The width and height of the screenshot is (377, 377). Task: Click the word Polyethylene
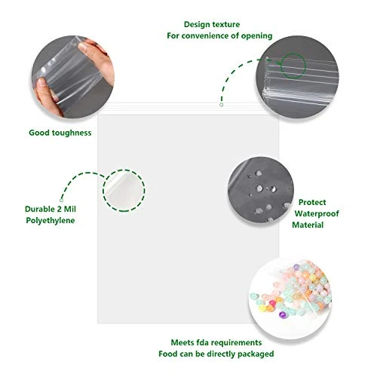coord(51,220)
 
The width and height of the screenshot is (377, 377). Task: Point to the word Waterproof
coord(317,213)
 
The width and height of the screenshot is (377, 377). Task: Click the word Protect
coord(312,202)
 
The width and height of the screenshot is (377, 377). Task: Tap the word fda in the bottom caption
coord(201,342)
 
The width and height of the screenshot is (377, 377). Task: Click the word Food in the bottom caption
coord(167,354)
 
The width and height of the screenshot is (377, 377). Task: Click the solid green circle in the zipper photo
coord(293,66)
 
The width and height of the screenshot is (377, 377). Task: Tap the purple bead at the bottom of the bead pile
coord(283,314)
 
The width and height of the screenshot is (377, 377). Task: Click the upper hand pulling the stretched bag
coord(96,57)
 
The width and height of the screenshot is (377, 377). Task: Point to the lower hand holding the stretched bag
coord(46,97)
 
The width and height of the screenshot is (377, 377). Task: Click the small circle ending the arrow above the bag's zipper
coord(221,105)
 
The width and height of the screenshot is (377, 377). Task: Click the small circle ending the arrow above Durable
coord(61,201)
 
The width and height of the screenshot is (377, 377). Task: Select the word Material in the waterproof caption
coord(308,225)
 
